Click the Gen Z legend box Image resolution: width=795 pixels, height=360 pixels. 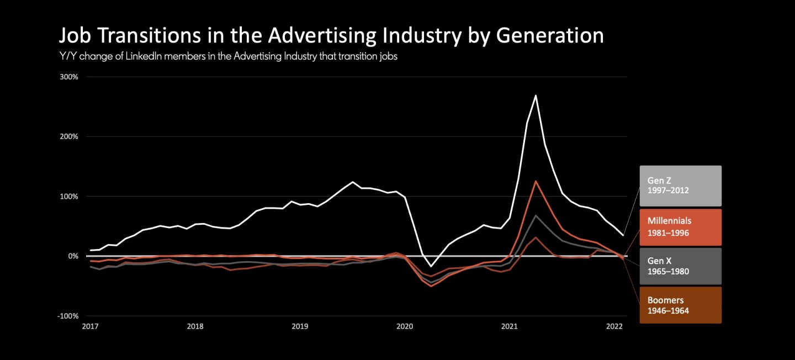pyautogui.click(x=680, y=186)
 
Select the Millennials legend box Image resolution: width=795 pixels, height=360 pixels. pyautogui.click(x=680, y=227)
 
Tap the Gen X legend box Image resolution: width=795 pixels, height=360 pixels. pyautogui.click(x=680, y=266)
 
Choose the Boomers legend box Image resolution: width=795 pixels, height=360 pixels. pyautogui.click(x=680, y=305)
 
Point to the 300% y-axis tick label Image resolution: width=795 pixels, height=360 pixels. pyautogui.click(x=69, y=77)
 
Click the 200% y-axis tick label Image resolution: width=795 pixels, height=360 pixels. pyautogui.click(x=69, y=136)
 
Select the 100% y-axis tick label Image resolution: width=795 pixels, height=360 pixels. pyautogui.click(x=69, y=197)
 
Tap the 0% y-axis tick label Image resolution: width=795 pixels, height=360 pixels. pyautogui.click(x=73, y=256)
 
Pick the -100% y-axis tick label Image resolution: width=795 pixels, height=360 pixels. pyautogui.click(x=68, y=316)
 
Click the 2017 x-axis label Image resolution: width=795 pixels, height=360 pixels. pyautogui.click(x=90, y=326)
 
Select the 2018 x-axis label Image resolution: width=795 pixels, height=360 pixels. pyautogui.click(x=195, y=326)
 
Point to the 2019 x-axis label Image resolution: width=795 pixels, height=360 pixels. pyautogui.click(x=300, y=326)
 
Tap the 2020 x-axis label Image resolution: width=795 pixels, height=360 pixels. pyautogui.click(x=405, y=326)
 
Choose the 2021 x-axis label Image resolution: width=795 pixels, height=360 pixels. pyautogui.click(x=510, y=326)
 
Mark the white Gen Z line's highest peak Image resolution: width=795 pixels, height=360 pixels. pyautogui.click(x=536, y=96)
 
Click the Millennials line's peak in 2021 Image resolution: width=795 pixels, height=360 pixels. pyautogui.click(x=536, y=181)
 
